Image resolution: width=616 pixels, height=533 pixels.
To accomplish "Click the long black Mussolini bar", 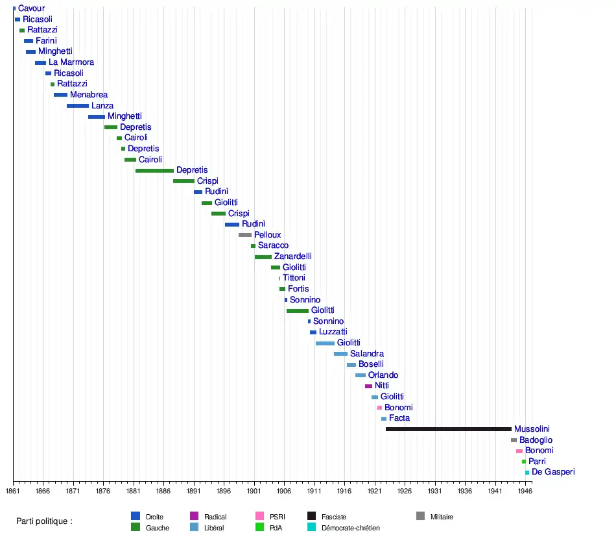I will click(448, 429).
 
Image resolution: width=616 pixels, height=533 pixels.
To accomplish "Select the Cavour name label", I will click(31, 8).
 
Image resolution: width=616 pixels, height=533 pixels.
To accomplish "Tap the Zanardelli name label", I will click(292, 256).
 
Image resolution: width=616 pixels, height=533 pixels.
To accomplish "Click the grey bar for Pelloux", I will click(244, 235).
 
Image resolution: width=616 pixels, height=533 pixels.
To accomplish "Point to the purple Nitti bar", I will click(368, 386).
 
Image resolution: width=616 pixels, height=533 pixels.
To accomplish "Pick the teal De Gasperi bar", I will click(527, 473).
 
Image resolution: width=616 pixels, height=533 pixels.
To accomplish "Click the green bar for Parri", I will click(524, 462).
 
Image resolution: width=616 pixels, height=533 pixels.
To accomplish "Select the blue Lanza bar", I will click(78, 106).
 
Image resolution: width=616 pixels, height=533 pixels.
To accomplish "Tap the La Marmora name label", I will click(71, 62).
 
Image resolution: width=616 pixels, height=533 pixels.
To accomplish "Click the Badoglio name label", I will click(536, 440).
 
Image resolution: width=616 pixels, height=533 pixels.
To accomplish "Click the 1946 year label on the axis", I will click(525, 491).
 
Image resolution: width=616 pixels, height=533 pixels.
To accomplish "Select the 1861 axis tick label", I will click(13, 491).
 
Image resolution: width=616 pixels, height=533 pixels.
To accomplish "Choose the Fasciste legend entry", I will click(334, 517).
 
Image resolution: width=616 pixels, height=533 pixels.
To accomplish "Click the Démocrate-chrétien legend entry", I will click(351, 528).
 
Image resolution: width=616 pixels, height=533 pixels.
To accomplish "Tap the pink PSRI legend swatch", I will click(259, 516).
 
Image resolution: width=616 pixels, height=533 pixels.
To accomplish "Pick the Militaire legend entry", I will click(442, 517).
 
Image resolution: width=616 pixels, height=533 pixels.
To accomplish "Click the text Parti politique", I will click(44, 521).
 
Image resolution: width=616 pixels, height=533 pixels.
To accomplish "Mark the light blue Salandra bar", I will click(340, 354).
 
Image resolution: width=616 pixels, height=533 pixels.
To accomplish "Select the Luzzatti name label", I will click(333, 332).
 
